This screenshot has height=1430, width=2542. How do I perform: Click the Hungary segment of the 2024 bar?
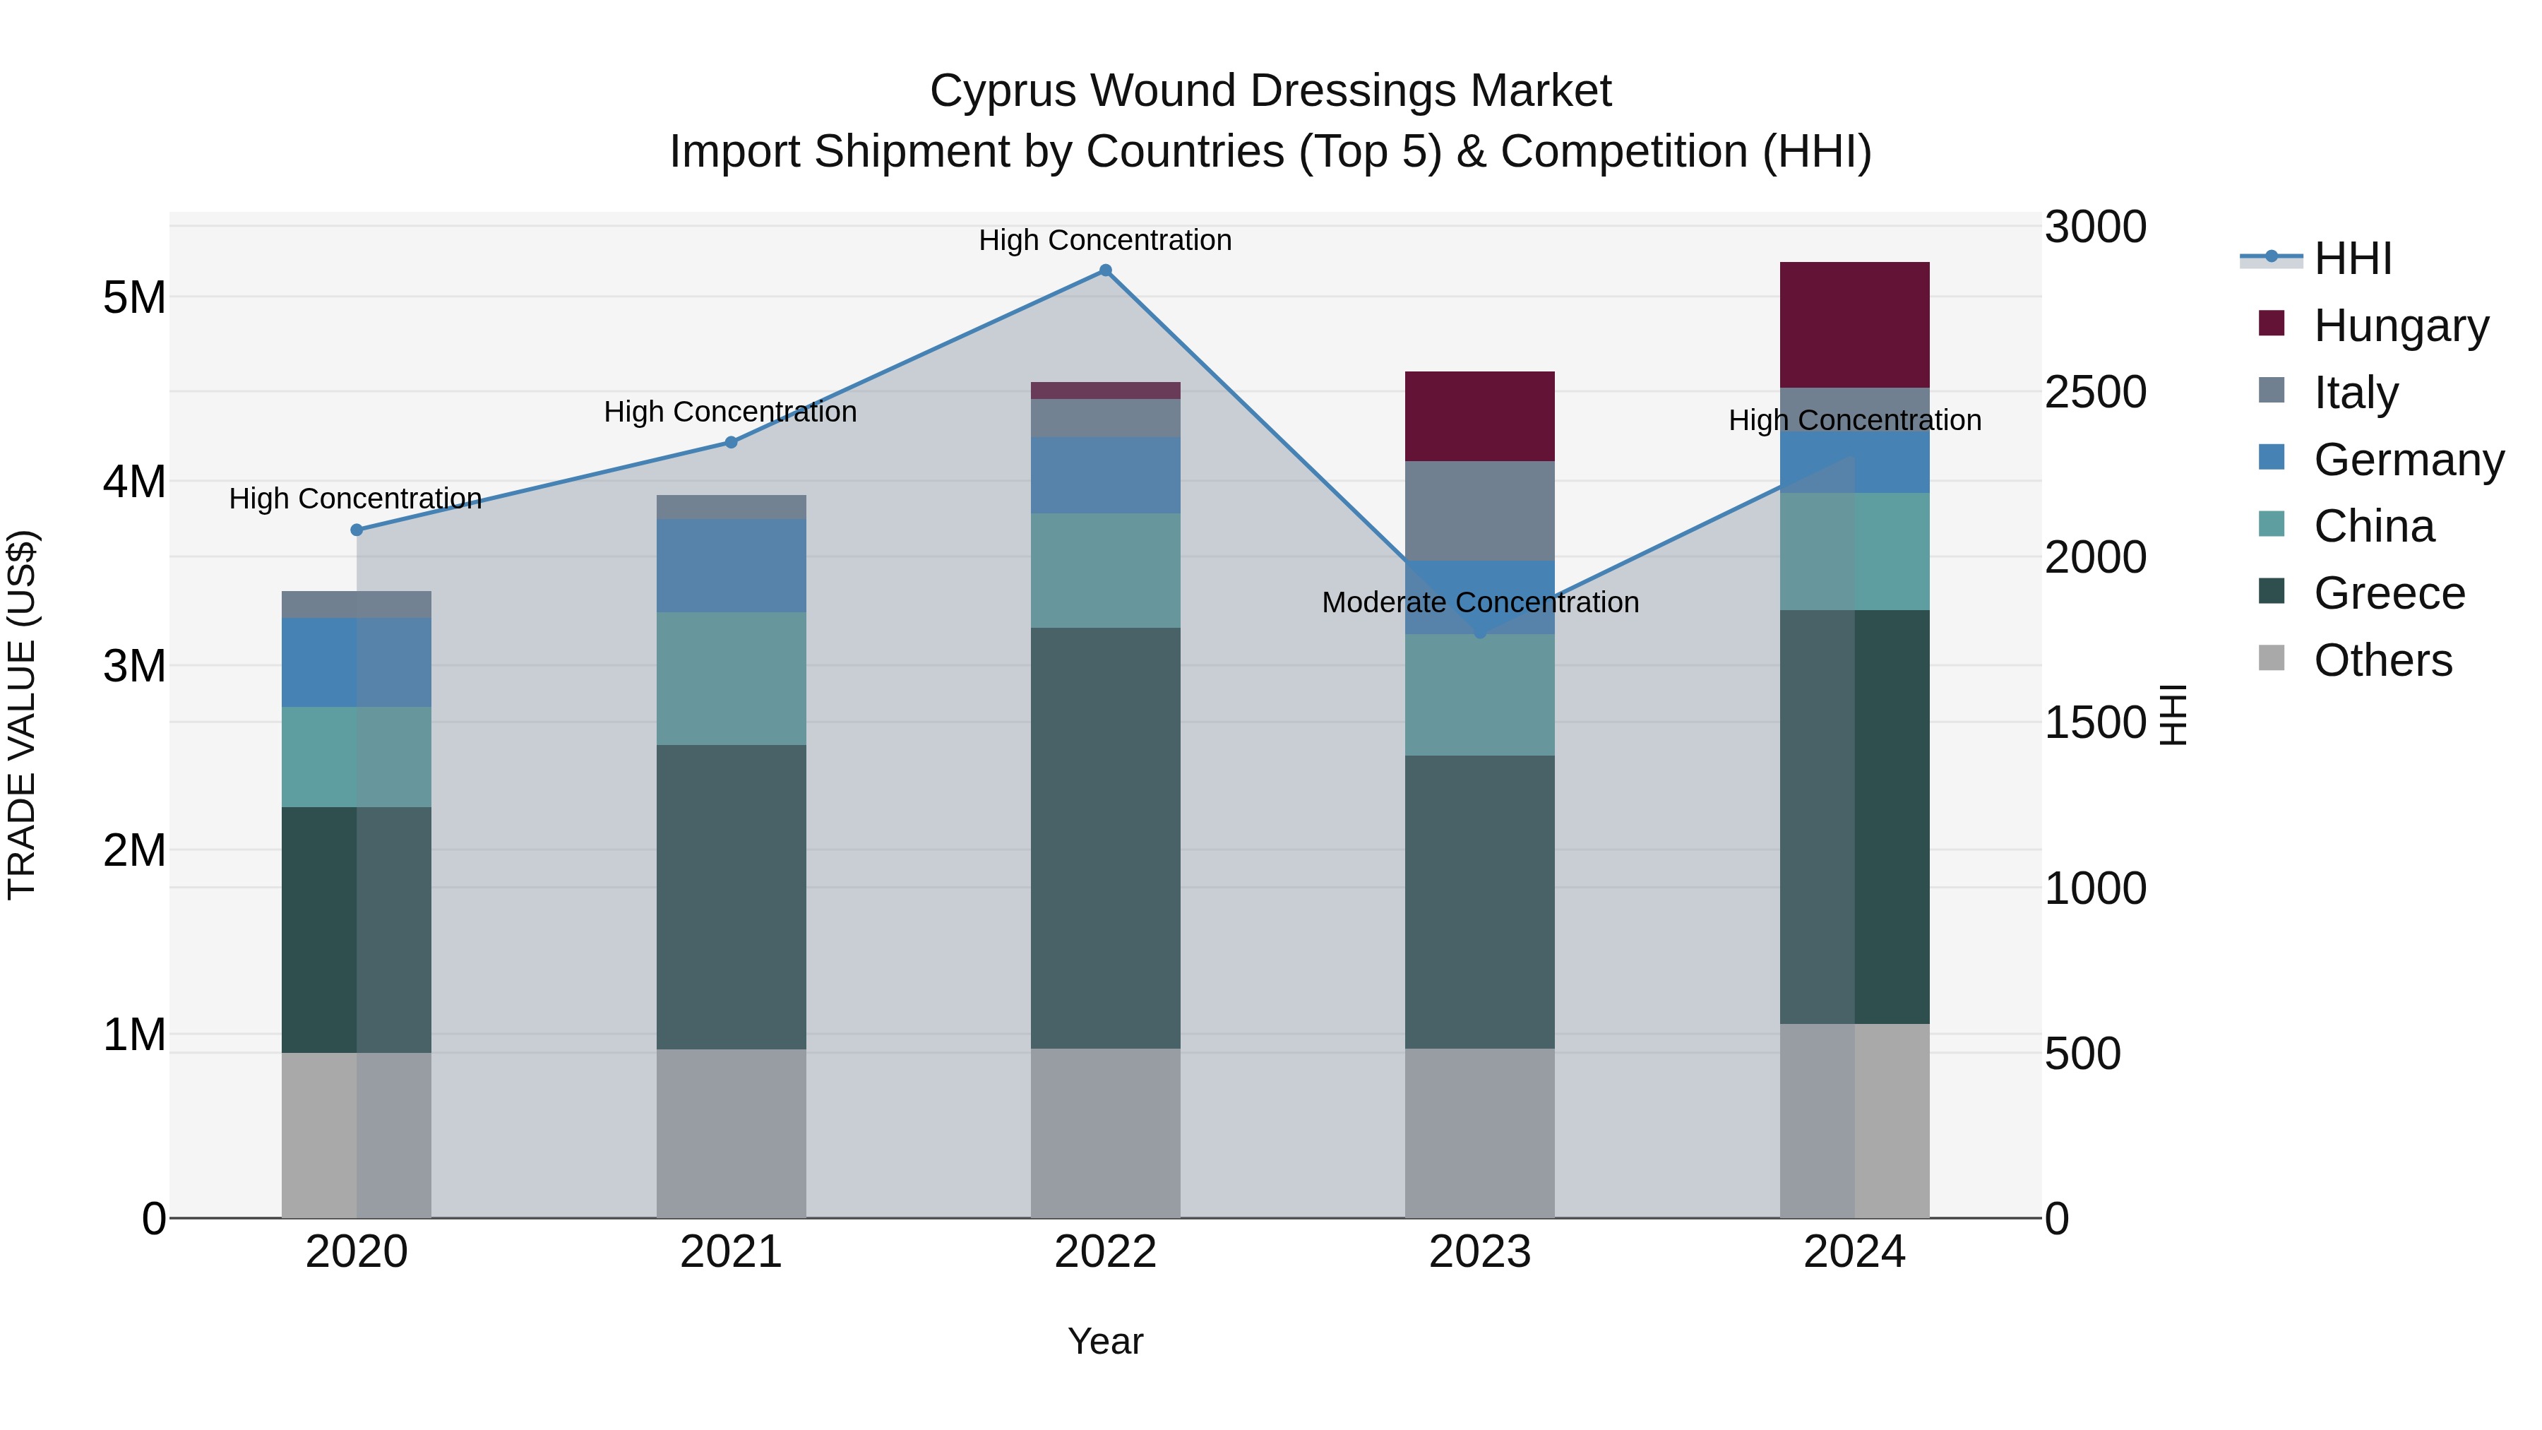click(x=1854, y=325)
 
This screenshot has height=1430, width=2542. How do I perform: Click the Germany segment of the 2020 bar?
click(x=357, y=662)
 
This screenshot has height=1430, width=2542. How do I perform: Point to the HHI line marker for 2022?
click(x=1105, y=270)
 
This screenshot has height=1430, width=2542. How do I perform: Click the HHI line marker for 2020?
click(x=357, y=530)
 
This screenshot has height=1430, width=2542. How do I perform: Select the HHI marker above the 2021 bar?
click(x=732, y=442)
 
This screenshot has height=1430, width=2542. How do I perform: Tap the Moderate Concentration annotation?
click(x=1479, y=602)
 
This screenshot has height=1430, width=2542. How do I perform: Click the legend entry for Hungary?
click(x=2400, y=326)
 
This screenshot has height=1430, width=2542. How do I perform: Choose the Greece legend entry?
click(x=2388, y=593)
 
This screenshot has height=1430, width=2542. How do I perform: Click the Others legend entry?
click(x=2382, y=660)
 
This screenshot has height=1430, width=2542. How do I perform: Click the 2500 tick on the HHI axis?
click(x=2094, y=392)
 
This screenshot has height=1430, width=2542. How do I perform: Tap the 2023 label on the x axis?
click(x=1479, y=1252)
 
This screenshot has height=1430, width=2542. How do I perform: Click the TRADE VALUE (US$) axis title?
click(x=23, y=715)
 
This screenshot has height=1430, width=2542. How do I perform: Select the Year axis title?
click(x=1105, y=1341)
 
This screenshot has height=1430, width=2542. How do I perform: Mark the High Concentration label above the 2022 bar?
click(x=1105, y=240)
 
